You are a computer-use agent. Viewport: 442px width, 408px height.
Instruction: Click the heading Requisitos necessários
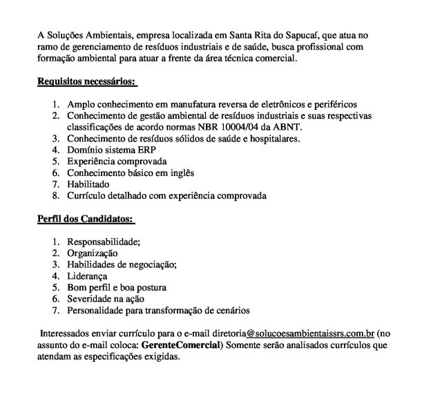(x=86, y=83)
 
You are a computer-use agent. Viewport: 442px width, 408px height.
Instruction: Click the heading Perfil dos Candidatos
(x=85, y=219)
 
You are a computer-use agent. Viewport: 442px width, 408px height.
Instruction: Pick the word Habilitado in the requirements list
(x=89, y=184)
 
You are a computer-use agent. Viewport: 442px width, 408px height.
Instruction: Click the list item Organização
(x=93, y=253)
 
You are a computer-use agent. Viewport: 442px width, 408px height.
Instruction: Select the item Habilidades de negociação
(x=122, y=264)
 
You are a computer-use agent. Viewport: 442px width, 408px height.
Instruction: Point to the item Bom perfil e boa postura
(x=116, y=287)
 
